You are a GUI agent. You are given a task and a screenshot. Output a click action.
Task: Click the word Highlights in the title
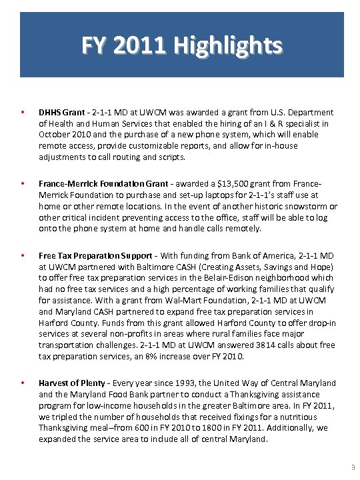[227, 47]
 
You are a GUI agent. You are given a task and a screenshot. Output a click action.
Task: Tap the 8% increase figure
[192, 356]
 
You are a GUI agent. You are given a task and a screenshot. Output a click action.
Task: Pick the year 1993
[164, 383]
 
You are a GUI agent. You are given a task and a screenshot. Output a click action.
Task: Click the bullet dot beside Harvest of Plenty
[23, 383]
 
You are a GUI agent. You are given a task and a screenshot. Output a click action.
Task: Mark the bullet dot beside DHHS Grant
[23, 113]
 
